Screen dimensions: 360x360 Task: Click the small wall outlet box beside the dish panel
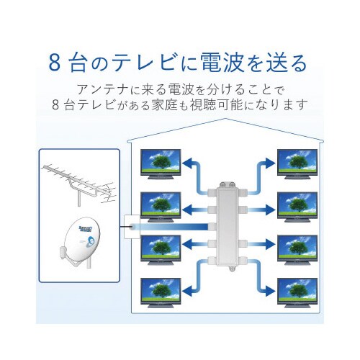[130, 229]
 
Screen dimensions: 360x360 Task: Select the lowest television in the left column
[160, 292]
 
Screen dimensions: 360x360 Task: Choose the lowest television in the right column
[297, 292]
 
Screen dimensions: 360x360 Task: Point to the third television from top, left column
[160, 250]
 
